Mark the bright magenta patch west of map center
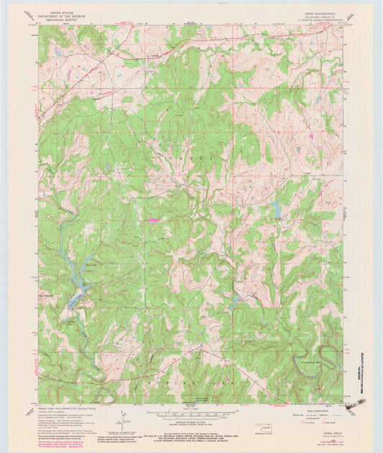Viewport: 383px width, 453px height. click(154, 220)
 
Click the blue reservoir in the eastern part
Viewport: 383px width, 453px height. click(276, 209)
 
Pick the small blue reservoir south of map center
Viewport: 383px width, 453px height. click(236, 300)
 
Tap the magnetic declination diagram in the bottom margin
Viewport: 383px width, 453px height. click(123, 415)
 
